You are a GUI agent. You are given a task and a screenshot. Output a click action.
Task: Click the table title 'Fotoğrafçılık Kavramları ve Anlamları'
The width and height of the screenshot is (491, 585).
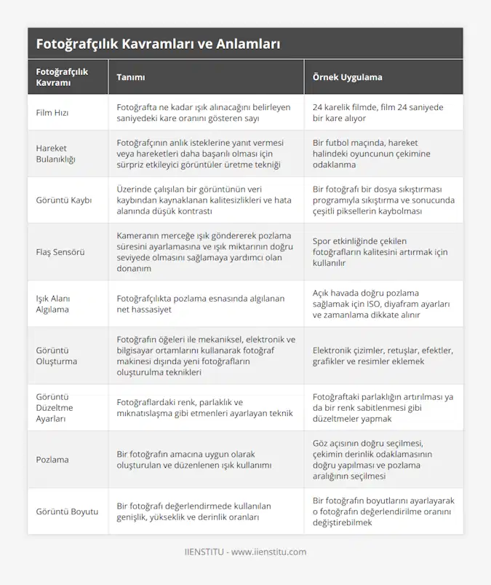point(158,44)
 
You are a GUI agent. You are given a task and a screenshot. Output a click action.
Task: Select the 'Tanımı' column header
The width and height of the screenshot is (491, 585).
point(131,77)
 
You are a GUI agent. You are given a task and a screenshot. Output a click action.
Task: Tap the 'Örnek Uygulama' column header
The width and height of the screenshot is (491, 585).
point(347,77)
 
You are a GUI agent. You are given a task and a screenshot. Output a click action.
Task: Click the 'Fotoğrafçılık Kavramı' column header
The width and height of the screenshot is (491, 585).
point(62,77)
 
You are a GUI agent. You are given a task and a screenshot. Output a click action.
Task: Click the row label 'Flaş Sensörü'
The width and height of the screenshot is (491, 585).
point(60,252)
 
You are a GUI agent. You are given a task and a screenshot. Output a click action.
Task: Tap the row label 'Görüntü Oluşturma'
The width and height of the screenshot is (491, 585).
point(57,356)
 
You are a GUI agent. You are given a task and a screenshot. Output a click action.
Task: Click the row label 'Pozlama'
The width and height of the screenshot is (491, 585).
point(52,460)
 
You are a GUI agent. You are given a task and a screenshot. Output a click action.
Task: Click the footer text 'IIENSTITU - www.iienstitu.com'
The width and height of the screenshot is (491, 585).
point(245,552)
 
